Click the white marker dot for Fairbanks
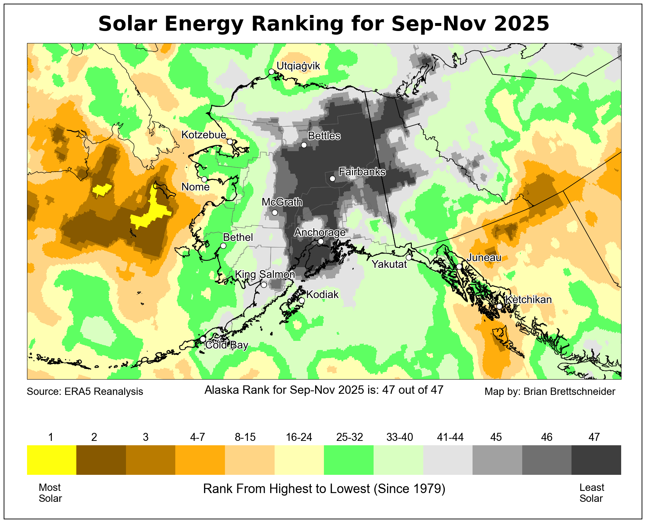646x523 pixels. [332, 178]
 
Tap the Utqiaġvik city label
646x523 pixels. [298, 66]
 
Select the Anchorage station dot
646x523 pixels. [321, 241]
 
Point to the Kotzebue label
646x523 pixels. [204, 135]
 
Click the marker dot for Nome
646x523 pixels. [204, 179]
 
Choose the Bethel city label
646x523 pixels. [238, 237]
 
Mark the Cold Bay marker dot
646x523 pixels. [203, 339]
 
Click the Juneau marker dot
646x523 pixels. [459, 266]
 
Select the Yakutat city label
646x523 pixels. [389, 264]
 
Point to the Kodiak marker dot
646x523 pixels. [302, 300]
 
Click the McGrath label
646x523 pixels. [282, 202]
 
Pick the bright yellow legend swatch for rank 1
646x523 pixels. [51, 460]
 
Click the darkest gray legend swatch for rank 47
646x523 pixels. [596, 460]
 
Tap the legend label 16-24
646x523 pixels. [299, 437]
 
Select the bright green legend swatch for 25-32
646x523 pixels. [348, 460]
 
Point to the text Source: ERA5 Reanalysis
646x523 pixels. [85, 392]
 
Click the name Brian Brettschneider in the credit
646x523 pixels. [569, 392]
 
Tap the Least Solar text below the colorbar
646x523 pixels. [592, 493]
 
